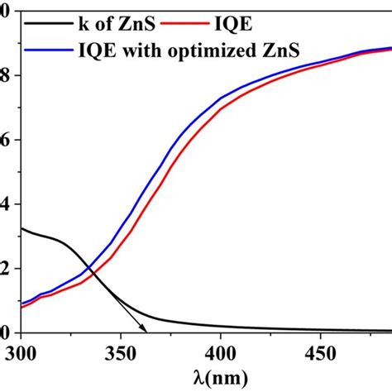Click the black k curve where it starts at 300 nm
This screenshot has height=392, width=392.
(22, 228)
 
